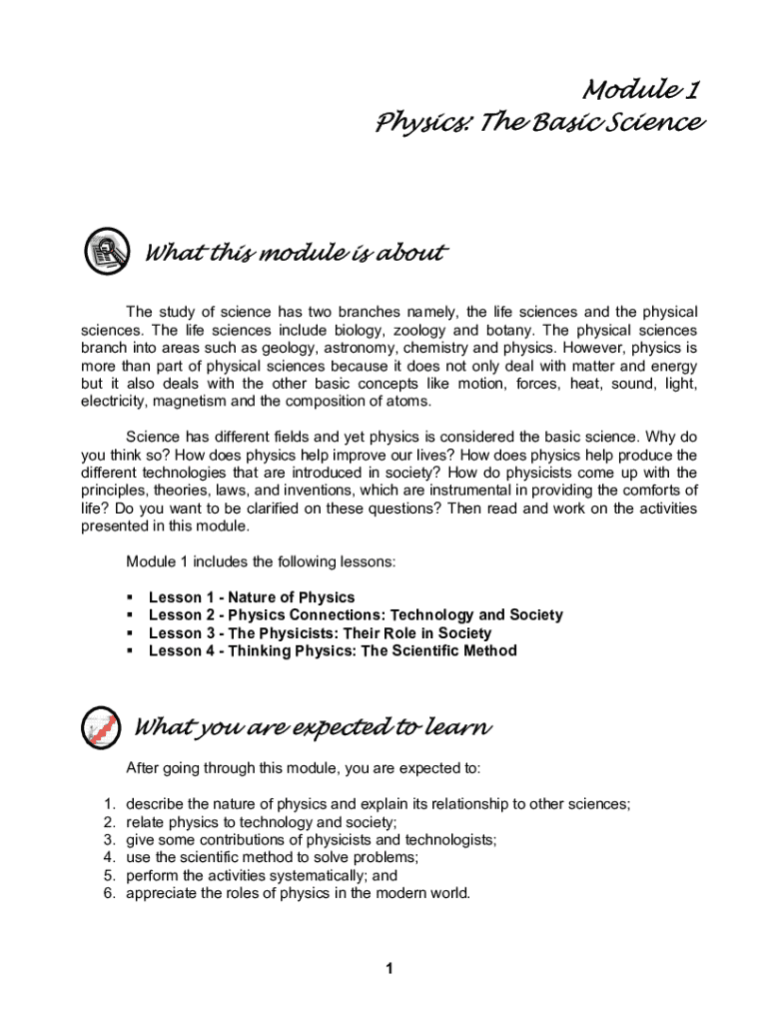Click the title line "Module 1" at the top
pos(640,91)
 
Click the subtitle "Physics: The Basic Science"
pos(539,124)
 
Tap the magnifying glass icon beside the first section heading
pos(106,251)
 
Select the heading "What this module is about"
pos(295,253)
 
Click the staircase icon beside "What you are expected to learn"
pos(102,727)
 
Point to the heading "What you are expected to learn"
pos(312,727)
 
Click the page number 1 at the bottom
pos(390,968)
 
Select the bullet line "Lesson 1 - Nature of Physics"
pos(251,597)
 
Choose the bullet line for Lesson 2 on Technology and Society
pos(356,615)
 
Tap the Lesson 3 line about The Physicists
pos(320,633)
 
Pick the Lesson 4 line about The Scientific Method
pos(333,651)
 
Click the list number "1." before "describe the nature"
pos(110,804)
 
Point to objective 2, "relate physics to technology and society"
pos(262,822)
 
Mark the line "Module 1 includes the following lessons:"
pos(261,562)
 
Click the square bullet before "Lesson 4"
pos(130,651)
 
